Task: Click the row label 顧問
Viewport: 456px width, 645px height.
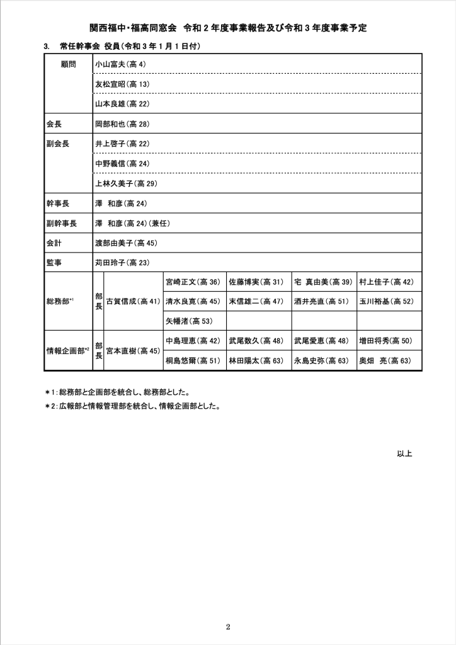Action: tap(69, 64)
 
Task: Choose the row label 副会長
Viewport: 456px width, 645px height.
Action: tap(57, 144)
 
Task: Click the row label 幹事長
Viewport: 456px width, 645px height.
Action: tap(57, 203)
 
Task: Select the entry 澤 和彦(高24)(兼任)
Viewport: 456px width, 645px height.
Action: tap(132, 223)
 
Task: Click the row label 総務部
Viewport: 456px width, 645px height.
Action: tap(60, 302)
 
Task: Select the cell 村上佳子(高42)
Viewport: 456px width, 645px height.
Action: tap(386, 282)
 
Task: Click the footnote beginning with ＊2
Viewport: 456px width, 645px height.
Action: tap(132, 406)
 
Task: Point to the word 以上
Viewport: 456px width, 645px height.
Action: tap(404, 453)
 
